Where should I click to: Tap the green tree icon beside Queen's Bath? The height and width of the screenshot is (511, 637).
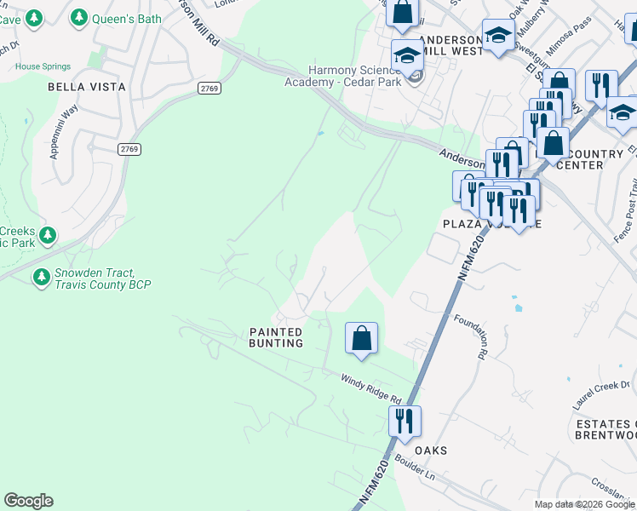click(x=79, y=16)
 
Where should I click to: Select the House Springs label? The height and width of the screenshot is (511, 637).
click(x=40, y=66)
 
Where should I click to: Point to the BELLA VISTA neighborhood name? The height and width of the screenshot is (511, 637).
click(x=86, y=87)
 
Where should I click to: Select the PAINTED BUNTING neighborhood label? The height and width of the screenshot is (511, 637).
click(x=276, y=337)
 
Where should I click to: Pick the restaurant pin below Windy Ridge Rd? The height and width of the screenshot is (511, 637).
click(x=404, y=420)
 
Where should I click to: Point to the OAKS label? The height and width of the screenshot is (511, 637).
click(x=430, y=450)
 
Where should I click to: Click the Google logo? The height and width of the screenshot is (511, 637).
click(x=28, y=501)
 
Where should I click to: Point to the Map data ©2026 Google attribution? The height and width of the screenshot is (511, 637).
click(x=583, y=504)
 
